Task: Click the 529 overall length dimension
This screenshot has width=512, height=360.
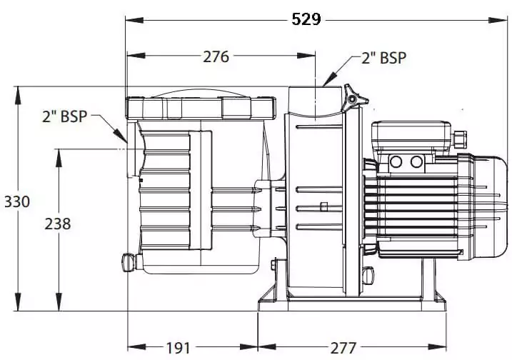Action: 306,19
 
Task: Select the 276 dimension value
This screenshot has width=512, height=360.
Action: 216,56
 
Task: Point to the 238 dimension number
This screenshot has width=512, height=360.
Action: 58,224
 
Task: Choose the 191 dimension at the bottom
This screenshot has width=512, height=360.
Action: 178,348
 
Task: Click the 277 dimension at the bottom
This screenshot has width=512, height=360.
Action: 343,348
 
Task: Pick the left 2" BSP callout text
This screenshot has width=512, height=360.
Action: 64,116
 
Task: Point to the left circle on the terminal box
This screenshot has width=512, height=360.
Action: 397,161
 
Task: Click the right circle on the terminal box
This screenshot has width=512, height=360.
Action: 417,161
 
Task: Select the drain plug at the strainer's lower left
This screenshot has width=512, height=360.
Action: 128,262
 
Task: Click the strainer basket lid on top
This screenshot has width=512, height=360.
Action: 200,107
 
